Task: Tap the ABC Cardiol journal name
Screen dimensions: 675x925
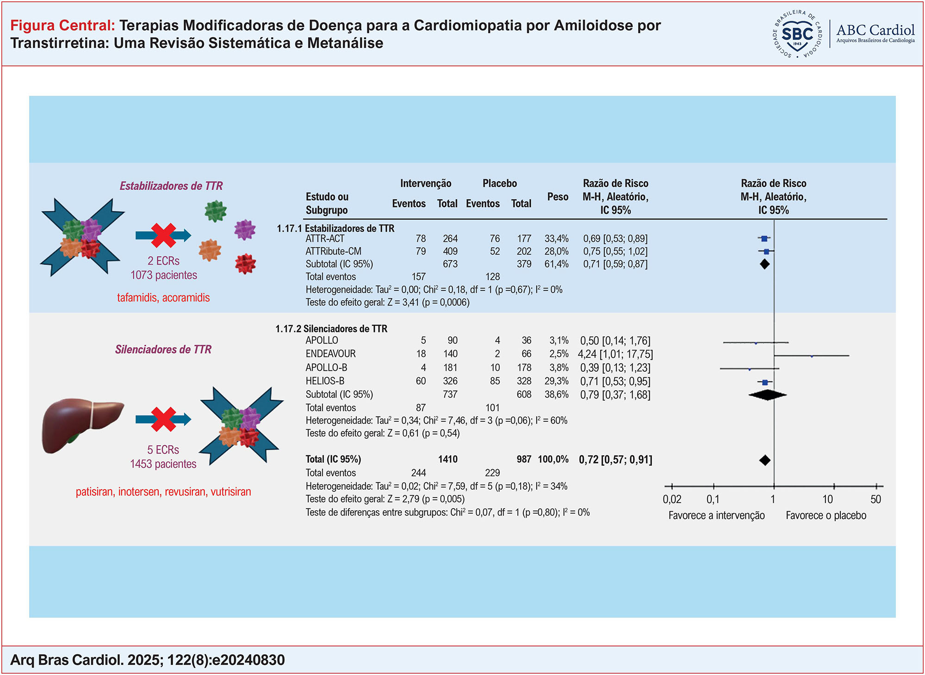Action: (x=875, y=31)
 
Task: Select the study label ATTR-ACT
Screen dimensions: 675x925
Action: (x=325, y=239)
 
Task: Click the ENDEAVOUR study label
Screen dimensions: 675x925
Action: (x=330, y=354)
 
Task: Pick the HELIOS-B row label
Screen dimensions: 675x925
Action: (x=325, y=381)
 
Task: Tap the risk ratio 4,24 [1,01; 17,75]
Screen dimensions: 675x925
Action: (x=615, y=354)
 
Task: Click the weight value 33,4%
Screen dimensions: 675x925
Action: (x=556, y=239)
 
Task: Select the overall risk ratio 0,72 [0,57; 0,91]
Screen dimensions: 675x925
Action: (x=615, y=460)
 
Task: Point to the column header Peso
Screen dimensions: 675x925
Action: (x=558, y=197)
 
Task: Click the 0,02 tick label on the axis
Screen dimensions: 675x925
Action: (x=672, y=499)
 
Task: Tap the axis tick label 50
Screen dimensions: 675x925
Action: (x=875, y=499)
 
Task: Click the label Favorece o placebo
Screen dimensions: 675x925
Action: (x=826, y=515)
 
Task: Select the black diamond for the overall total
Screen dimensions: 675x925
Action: (x=765, y=460)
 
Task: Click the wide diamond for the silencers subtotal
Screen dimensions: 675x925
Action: (x=767, y=395)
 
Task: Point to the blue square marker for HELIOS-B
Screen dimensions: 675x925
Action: (x=765, y=382)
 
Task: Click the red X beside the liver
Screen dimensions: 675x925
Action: (x=163, y=419)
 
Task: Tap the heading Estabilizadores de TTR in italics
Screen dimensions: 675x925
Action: (x=171, y=186)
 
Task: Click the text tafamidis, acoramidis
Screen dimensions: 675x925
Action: (x=163, y=298)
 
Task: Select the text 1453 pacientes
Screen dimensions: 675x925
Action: (x=163, y=464)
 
